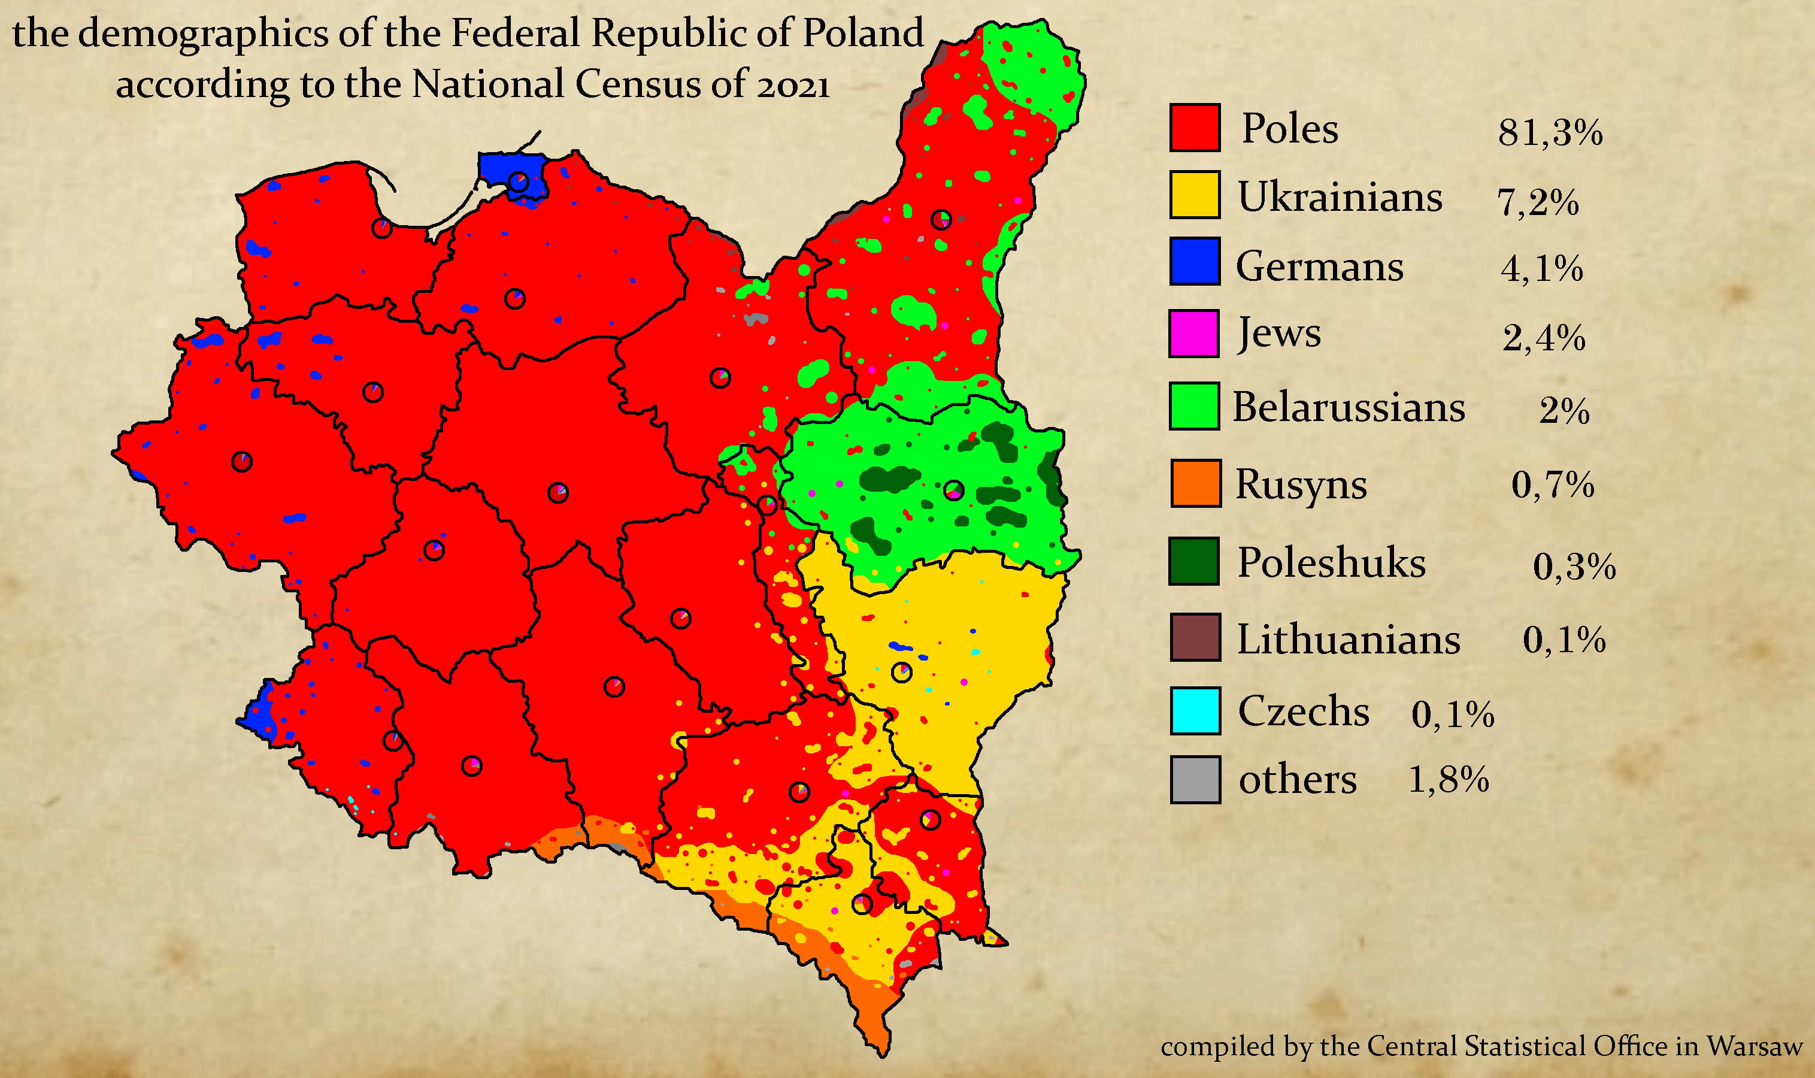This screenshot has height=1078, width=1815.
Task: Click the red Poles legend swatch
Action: (x=1194, y=128)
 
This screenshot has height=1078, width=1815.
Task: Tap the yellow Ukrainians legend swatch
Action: (x=1194, y=195)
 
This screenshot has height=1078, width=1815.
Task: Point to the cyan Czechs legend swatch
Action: (x=1195, y=710)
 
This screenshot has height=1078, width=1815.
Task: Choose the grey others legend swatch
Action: (x=1195, y=779)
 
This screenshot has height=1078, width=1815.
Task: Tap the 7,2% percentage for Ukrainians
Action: (x=1538, y=202)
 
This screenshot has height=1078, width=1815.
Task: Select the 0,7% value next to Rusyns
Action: (x=1552, y=485)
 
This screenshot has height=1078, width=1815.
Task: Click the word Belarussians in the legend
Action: (x=1348, y=407)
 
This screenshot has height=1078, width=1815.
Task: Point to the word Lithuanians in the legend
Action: (x=1348, y=639)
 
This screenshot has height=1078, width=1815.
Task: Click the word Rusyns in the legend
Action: (x=1301, y=485)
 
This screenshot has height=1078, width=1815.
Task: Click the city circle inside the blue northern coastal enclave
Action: (x=518, y=181)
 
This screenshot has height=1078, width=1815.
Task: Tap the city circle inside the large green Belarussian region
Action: (x=954, y=490)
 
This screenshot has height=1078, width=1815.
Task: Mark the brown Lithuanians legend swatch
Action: (x=1195, y=637)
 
